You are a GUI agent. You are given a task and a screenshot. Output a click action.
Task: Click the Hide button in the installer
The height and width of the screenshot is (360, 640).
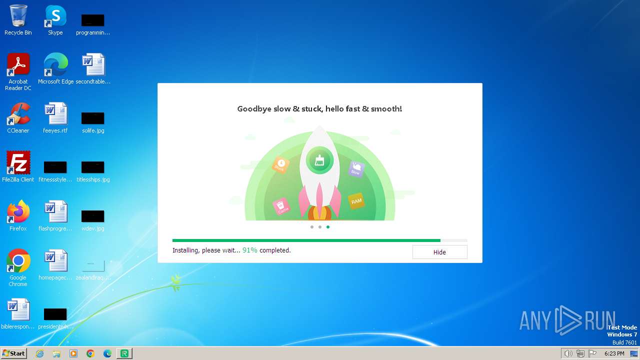439,252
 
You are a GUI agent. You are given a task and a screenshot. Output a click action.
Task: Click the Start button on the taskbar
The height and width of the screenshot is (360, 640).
13,353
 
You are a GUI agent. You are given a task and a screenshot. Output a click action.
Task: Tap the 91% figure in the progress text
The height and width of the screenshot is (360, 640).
250,250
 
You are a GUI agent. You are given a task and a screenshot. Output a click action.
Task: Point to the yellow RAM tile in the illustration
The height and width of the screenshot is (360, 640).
356,201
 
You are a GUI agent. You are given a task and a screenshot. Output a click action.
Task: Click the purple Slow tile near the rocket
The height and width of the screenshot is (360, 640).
355,169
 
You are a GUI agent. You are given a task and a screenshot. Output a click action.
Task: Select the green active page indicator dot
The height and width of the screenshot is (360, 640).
328,227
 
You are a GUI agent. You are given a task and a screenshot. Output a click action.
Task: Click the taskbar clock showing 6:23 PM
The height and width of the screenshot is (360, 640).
614,353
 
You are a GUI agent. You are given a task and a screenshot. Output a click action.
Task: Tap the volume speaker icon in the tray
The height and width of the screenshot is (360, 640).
568,353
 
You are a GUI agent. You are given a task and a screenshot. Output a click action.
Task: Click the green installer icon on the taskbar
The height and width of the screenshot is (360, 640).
124,353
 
